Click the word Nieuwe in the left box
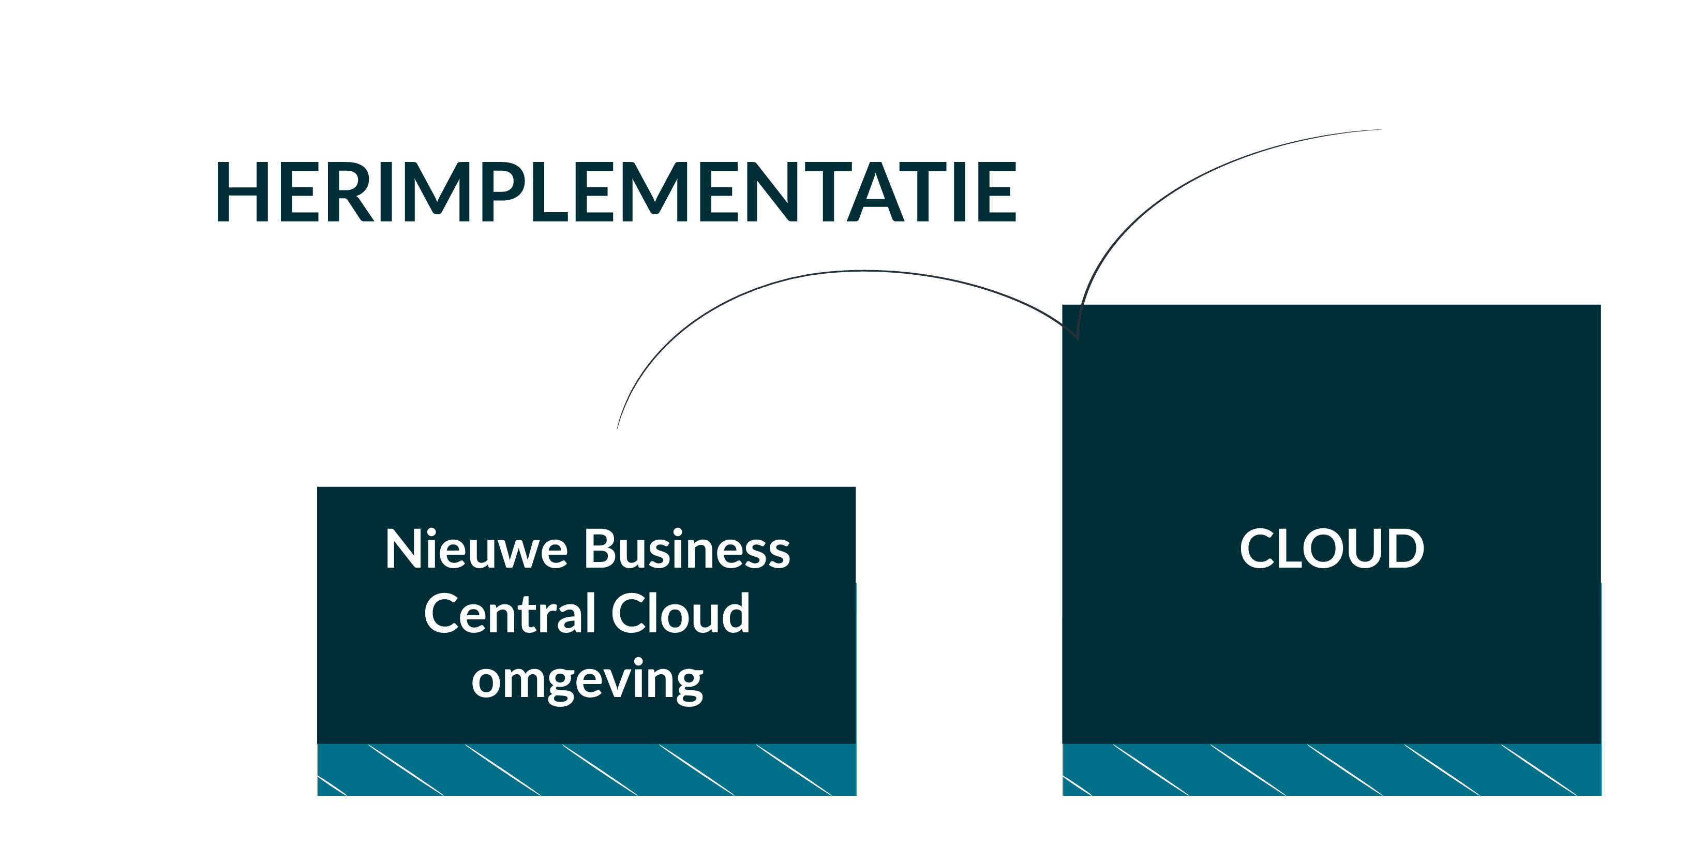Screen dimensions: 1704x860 tap(477, 548)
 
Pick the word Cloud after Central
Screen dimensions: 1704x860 tap(681, 613)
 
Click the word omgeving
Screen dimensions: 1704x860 tap(588, 681)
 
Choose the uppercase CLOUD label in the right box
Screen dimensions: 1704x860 tap(1332, 548)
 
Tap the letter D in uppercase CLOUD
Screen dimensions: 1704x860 tap(1405, 548)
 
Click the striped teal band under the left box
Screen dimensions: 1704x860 tap(587, 769)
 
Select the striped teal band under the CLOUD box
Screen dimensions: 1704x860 tap(1332, 769)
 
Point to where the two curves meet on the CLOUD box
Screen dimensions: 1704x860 tap(1078, 339)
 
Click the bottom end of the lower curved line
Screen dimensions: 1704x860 tap(617, 429)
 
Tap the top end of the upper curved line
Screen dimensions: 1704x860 tap(1382, 130)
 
